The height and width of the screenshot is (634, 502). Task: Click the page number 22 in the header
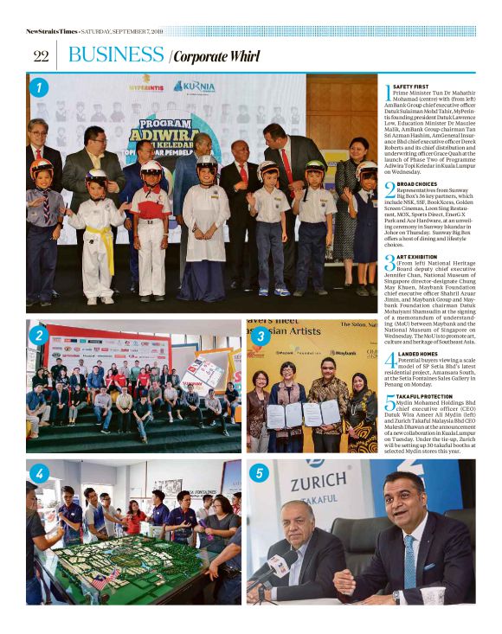click(x=41, y=56)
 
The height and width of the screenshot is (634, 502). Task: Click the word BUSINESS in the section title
click(x=116, y=55)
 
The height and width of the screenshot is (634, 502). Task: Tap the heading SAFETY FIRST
click(x=410, y=86)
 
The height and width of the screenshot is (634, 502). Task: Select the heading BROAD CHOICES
click(x=415, y=184)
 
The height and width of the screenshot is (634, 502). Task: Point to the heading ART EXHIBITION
click(x=414, y=257)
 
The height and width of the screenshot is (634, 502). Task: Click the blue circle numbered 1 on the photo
click(x=38, y=86)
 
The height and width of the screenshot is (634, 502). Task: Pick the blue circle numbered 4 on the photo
click(x=38, y=473)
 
